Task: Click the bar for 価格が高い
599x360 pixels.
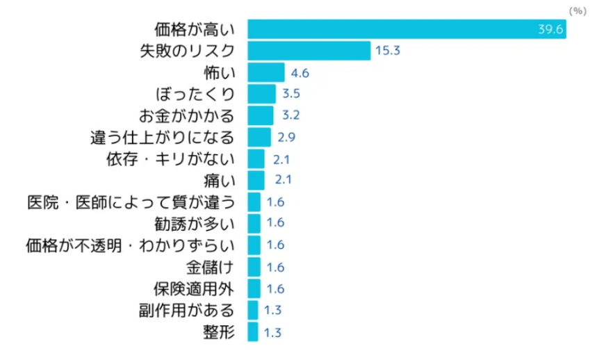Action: [407, 29]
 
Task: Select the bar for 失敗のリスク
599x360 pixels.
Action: [309, 51]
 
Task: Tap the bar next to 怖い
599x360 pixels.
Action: [265, 72]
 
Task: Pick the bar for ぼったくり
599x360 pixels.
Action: [261, 94]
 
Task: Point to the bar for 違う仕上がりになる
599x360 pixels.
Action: [259, 137]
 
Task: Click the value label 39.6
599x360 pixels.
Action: [551, 29]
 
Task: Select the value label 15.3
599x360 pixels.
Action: [388, 51]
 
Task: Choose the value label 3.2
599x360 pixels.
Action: [290, 115]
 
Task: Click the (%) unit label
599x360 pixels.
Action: [577, 10]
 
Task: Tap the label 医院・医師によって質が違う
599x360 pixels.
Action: [131, 202]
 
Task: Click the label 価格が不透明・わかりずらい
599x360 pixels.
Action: [130, 245]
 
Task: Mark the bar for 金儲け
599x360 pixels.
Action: [254, 267]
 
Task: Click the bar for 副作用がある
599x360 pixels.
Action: [252, 310]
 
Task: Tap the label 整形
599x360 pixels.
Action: [220, 332]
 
